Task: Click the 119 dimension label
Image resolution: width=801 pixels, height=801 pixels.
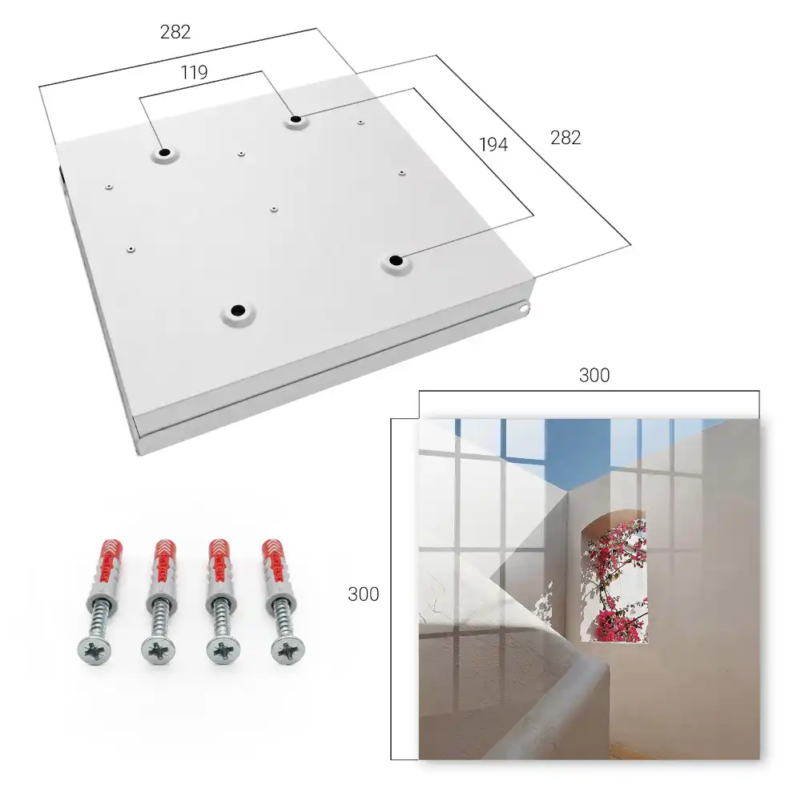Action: click(x=194, y=73)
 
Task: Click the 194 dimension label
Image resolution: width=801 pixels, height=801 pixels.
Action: click(x=493, y=145)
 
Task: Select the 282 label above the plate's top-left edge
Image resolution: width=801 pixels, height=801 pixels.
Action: click(x=175, y=32)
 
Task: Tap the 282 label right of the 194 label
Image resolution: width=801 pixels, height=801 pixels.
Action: click(x=566, y=138)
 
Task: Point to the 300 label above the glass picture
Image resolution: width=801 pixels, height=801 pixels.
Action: click(x=594, y=376)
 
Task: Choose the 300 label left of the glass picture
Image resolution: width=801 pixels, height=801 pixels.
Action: click(x=363, y=594)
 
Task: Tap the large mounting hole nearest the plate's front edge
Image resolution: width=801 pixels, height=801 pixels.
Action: click(x=238, y=311)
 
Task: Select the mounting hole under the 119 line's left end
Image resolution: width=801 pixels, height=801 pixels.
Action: click(x=164, y=153)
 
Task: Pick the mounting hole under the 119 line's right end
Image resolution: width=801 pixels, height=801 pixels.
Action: click(x=296, y=120)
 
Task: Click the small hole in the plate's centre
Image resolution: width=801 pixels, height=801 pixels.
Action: click(x=274, y=209)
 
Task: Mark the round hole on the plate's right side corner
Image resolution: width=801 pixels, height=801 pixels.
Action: click(x=524, y=308)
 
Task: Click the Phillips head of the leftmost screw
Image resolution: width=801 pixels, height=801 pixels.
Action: click(x=95, y=651)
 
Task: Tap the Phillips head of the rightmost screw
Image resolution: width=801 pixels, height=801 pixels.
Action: click(x=288, y=650)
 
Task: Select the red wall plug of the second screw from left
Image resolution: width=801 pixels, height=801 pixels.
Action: click(x=164, y=562)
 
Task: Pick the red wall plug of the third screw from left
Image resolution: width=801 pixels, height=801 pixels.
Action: click(x=221, y=562)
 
